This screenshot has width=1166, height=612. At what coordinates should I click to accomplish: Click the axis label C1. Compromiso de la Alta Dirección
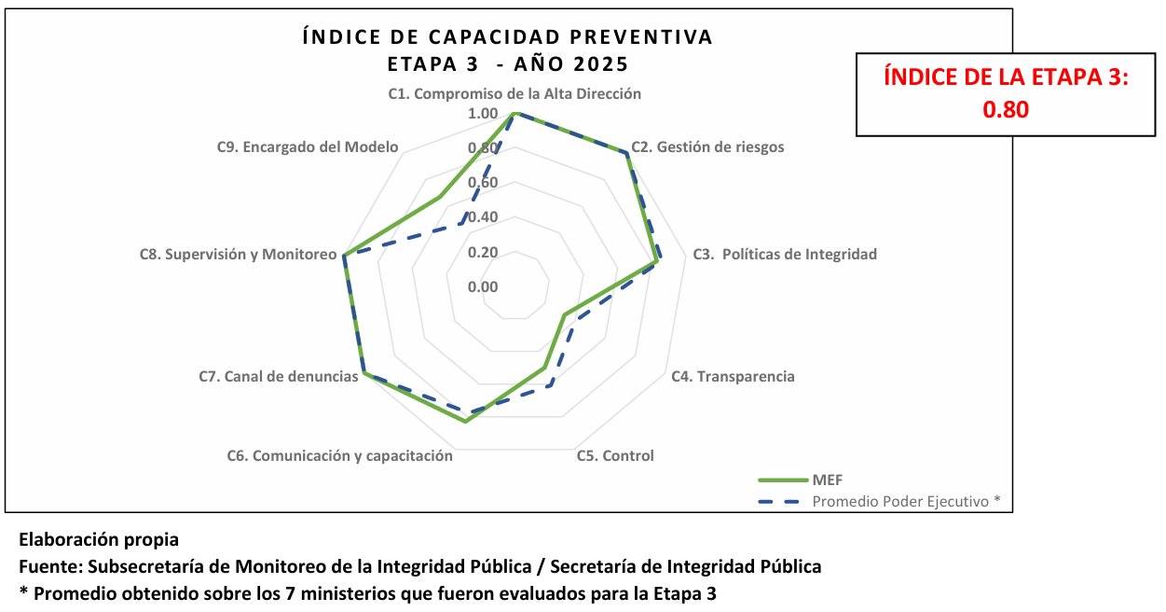click(x=514, y=94)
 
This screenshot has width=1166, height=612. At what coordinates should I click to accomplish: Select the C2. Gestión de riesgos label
click(x=707, y=147)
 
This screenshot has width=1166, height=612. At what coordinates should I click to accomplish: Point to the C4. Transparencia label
click(x=733, y=377)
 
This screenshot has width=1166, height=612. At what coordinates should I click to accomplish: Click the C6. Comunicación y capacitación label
click(x=340, y=456)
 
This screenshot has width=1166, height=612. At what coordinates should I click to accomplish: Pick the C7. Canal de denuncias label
click(x=279, y=377)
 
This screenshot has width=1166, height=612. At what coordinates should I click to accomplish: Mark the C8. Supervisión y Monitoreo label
click(x=238, y=254)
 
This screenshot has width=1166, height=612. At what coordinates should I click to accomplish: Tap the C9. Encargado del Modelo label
click(x=308, y=147)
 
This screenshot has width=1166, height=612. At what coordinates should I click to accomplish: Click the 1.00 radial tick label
click(x=483, y=114)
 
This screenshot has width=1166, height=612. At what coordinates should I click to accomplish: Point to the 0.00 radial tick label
click(x=483, y=286)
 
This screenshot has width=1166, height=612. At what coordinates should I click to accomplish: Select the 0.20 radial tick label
click(x=483, y=252)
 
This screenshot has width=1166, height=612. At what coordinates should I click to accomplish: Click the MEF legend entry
click(x=826, y=480)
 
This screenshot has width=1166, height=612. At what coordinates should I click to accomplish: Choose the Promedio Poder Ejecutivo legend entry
click(x=905, y=501)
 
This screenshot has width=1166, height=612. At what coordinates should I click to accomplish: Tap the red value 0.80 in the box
click(x=1006, y=109)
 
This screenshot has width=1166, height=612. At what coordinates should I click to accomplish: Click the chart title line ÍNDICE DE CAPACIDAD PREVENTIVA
click(x=508, y=37)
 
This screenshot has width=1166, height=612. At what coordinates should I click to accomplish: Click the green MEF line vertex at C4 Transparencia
click(x=565, y=315)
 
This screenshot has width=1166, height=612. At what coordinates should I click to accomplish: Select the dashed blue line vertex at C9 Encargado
click(x=463, y=225)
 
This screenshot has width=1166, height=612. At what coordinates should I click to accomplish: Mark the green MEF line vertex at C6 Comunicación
click(x=465, y=422)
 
